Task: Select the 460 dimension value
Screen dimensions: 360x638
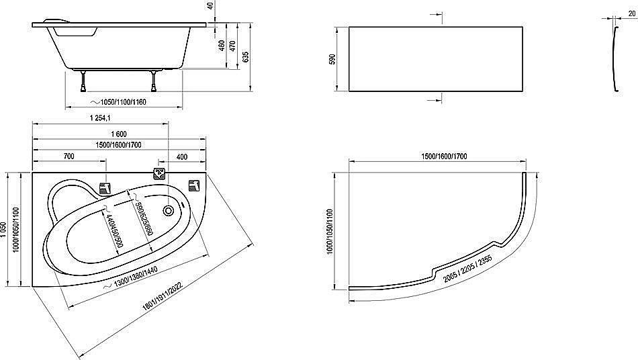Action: pos(221,46)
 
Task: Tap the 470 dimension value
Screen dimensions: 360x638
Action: pos(232,46)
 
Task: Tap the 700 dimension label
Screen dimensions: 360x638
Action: pos(69,156)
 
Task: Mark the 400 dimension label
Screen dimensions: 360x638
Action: pos(182,156)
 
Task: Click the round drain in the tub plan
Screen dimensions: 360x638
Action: pos(168,210)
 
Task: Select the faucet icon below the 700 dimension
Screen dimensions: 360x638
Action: pos(105,188)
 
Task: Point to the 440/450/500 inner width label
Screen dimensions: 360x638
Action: pos(111,230)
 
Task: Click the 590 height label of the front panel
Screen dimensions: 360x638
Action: pos(330,59)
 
